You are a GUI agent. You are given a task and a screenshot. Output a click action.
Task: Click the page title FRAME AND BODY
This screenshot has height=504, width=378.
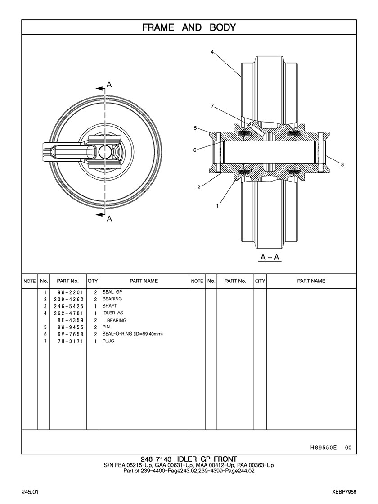coord(189,27)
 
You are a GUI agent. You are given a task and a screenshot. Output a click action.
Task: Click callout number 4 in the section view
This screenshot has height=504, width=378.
coord(212,52)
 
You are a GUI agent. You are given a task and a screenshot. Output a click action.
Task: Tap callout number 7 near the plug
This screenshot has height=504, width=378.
coord(212,106)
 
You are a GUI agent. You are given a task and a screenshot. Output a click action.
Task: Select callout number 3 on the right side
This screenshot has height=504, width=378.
coord(342,164)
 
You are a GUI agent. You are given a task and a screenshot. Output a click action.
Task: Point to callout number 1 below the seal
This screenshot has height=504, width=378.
coord(217,206)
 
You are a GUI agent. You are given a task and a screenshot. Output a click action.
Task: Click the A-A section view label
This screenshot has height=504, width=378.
coord(270,258)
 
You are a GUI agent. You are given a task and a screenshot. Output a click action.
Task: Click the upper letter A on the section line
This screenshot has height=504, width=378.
coord(109,84)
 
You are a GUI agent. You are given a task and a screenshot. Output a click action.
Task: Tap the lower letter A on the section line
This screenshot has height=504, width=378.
coord(109,219)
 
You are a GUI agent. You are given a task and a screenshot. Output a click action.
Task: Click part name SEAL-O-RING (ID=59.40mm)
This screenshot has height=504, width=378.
coord(132,334)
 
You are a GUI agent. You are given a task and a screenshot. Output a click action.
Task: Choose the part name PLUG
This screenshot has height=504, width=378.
coord(108,341)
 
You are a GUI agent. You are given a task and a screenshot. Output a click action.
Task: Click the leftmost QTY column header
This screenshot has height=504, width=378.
coord(93,281)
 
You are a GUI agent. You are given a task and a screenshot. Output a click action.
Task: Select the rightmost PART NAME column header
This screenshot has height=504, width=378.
coord(311,281)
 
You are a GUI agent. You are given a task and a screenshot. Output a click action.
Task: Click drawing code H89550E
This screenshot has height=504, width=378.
coord(324,447)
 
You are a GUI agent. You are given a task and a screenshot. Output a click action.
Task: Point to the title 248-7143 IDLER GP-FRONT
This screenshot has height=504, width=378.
coord(189,459)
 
